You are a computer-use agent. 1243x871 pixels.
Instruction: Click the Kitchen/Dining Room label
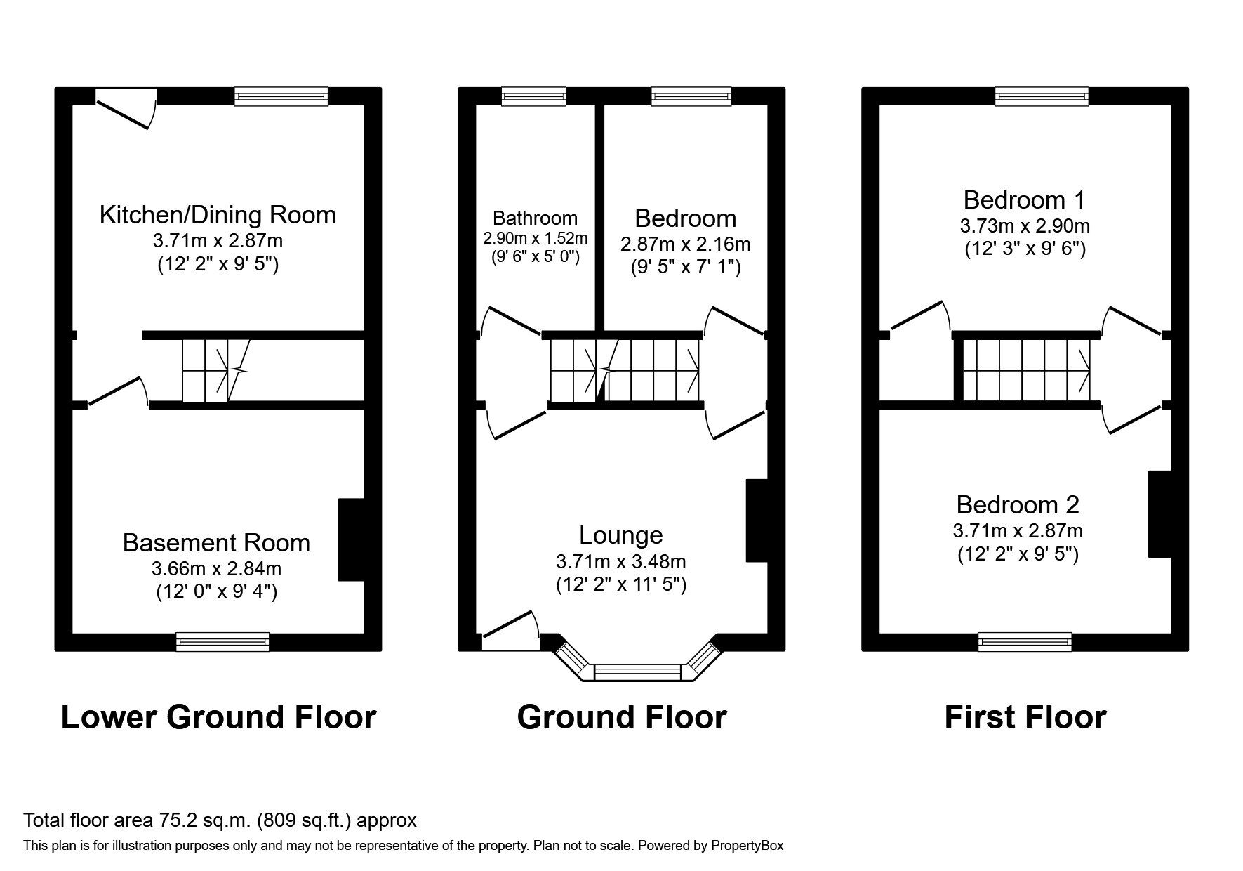[x=218, y=215]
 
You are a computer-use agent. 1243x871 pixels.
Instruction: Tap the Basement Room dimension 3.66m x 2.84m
[x=216, y=568]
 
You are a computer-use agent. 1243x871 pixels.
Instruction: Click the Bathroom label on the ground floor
[x=535, y=218]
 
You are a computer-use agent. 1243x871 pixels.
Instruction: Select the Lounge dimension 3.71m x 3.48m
[x=620, y=562]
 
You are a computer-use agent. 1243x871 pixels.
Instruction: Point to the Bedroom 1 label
[x=1024, y=200]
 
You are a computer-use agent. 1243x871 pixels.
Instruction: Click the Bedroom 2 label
[x=1017, y=505]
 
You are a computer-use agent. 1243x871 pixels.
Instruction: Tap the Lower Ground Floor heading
[x=218, y=717]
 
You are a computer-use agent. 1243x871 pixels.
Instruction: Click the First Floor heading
[x=1025, y=717]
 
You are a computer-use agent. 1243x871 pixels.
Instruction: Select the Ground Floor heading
[x=621, y=717]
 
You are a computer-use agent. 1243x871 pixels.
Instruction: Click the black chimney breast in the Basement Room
[x=351, y=539]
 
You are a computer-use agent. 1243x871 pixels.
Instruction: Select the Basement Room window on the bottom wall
[x=222, y=641]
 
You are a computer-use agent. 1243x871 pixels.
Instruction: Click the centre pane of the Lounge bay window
[x=637, y=673]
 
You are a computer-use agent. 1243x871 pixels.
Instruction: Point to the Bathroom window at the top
[x=533, y=96]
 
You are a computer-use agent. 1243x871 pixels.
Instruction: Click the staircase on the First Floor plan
[x=1026, y=369]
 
